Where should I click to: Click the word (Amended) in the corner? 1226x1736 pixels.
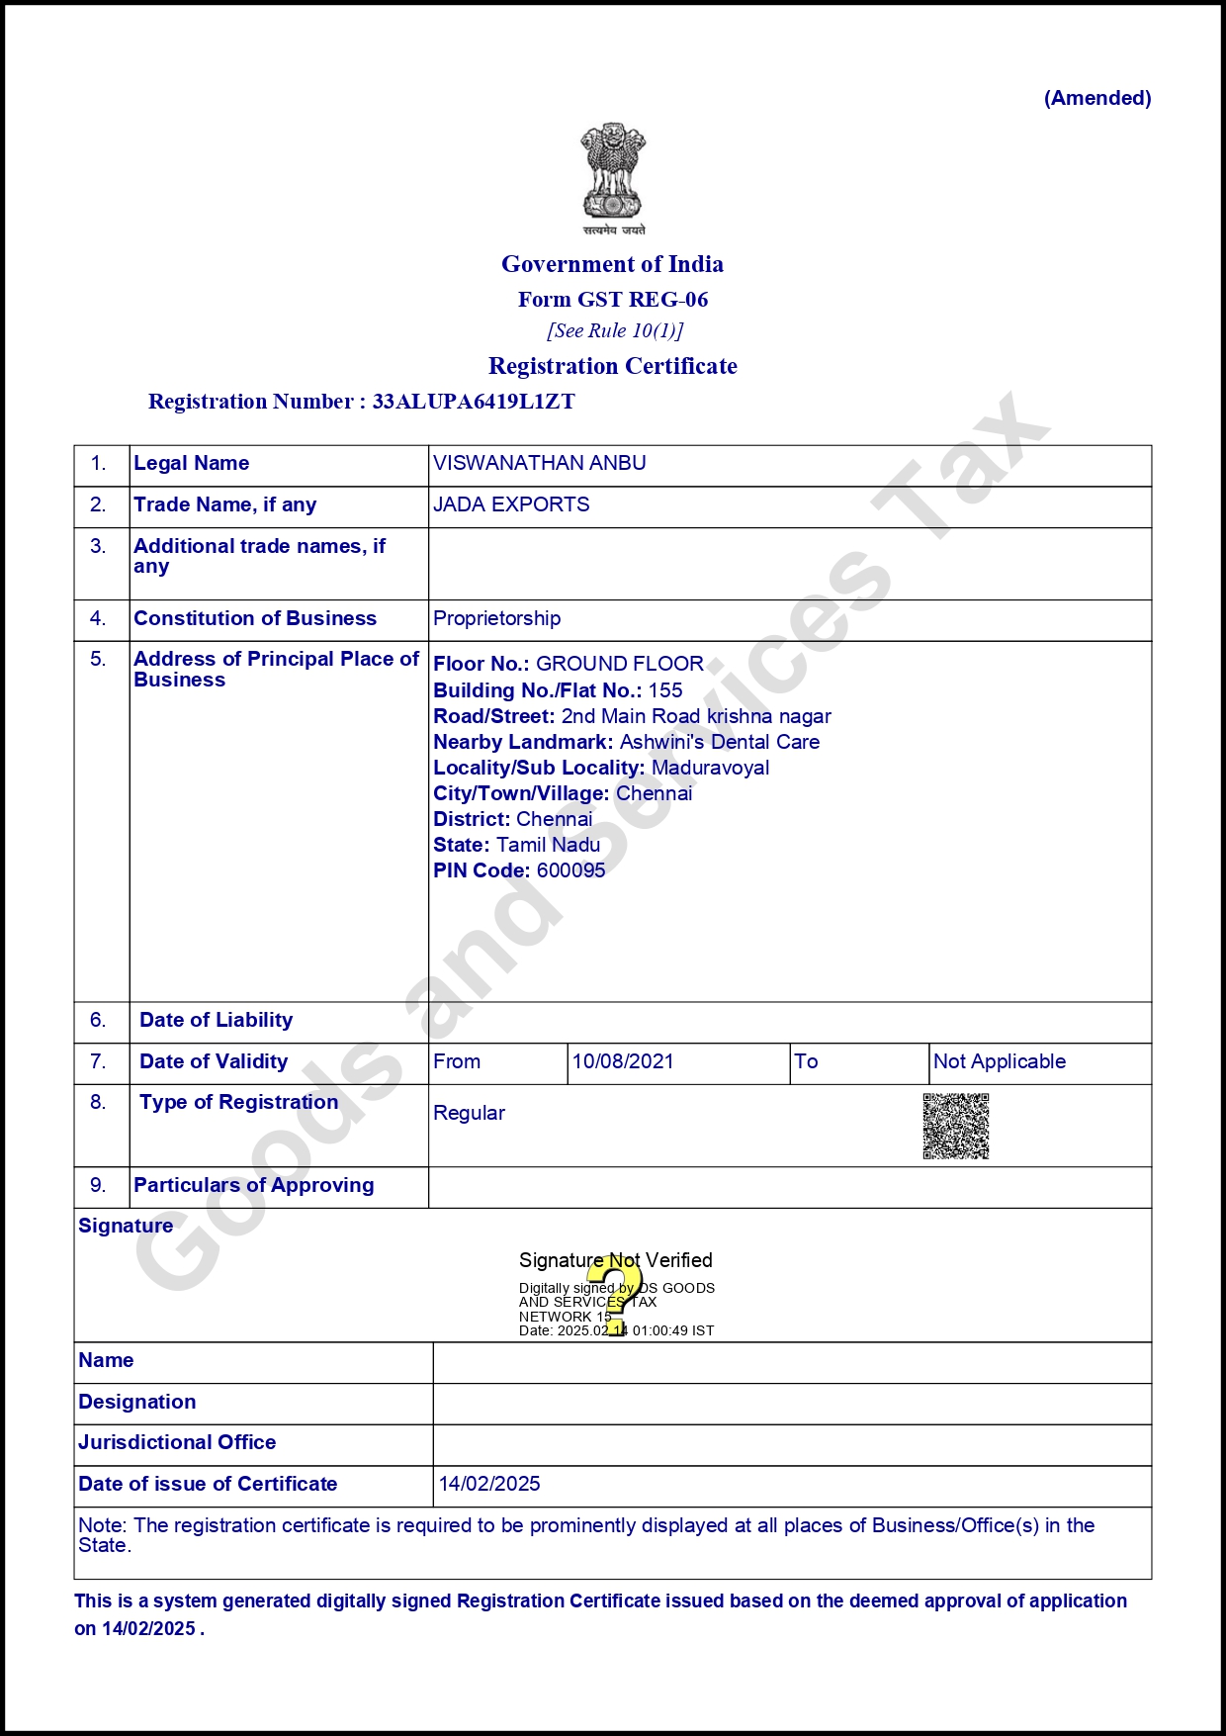1097,98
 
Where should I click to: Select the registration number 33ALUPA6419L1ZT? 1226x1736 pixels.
474,402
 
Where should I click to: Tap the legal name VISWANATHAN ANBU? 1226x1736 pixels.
540,463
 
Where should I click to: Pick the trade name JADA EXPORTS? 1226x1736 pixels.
511,504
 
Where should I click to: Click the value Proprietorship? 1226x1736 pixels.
496,618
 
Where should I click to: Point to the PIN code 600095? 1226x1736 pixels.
570,870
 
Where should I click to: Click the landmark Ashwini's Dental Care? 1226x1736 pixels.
719,742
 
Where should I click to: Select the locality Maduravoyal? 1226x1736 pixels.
710,768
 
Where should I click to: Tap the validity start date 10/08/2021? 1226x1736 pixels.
623,1061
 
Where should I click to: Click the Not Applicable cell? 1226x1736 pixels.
1000,1061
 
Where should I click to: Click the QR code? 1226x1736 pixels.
956,1126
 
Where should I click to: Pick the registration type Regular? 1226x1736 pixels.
469,1113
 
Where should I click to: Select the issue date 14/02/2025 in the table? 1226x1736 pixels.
489,1484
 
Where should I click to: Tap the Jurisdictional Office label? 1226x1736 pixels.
177,1442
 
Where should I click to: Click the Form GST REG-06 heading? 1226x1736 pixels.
613,300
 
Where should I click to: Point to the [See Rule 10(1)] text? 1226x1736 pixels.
615,330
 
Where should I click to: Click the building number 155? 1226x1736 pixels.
665,690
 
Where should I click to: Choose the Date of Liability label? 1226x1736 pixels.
216,1020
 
